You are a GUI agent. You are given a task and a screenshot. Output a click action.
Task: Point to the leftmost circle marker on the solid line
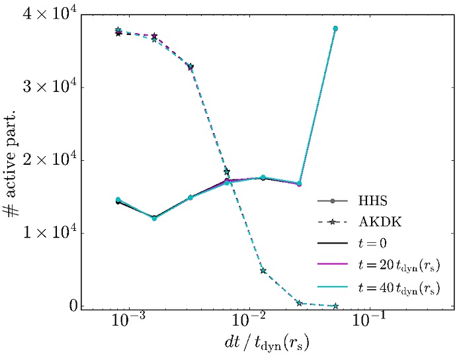pyautogui.click(x=118, y=200)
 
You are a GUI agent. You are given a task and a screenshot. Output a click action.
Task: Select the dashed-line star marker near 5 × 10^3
pyautogui.click(x=263, y=271)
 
